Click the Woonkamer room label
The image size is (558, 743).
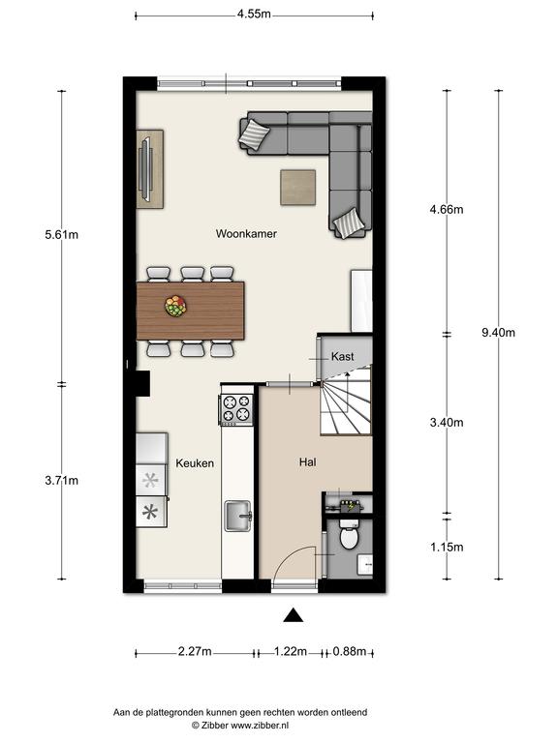coord(246,233)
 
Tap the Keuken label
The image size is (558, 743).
coord(195,463)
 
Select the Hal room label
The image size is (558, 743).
coord(307,462)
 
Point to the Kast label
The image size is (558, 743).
coord(342,356)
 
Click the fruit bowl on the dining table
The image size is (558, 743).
coord(175,306)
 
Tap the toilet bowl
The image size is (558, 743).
coord(349,536)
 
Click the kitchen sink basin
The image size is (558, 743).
coord(238,516)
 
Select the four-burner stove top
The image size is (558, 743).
coord(236,409)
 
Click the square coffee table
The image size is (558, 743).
coord(298,188)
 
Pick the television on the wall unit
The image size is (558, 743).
coord(145,168)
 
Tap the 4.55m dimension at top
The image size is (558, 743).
coord(254,14)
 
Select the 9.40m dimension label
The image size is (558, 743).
coord(498,333)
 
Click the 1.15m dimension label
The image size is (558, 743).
coord(447,547)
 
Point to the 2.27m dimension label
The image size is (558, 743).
coord(195,651)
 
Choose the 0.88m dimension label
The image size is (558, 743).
coord(349,651)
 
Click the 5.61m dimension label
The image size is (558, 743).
coord(62,234)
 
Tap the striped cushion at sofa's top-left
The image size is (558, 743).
coord(255,134)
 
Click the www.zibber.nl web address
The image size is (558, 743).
coord(260,725)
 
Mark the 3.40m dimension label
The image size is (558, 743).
coord(447,422)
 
